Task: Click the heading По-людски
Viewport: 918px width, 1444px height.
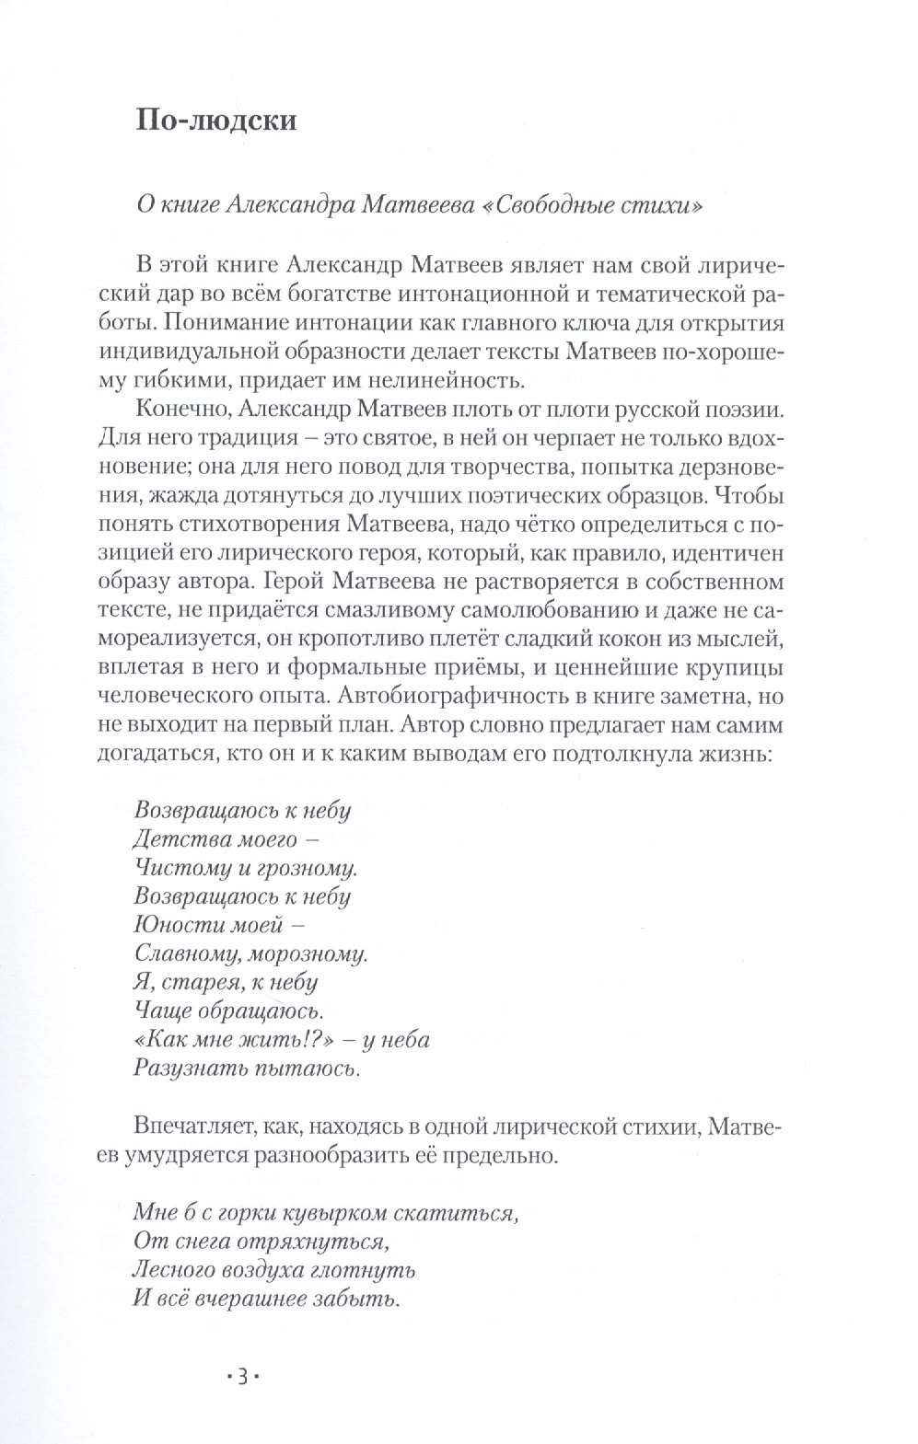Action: tap(216, 121)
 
